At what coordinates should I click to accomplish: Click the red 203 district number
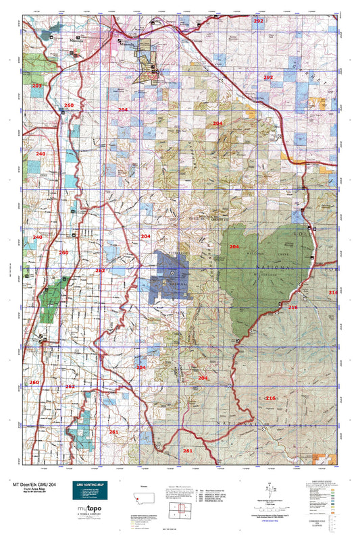pos(36,86)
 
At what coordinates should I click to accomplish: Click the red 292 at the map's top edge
pos(258,22)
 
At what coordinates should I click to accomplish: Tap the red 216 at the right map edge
pos(332,292)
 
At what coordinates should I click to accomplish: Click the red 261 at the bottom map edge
pos(188,450)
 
